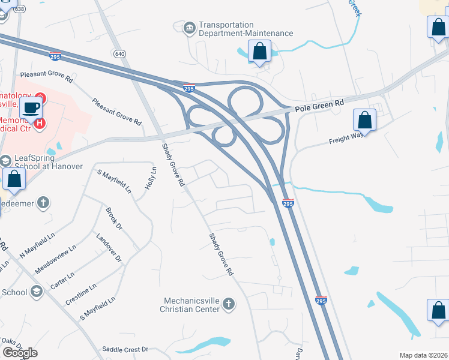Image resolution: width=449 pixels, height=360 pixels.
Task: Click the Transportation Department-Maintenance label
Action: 246,29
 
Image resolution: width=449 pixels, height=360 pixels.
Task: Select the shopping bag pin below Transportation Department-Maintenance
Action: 259,52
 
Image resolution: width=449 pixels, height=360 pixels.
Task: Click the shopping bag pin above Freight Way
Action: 364,120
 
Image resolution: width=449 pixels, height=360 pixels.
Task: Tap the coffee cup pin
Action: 30,108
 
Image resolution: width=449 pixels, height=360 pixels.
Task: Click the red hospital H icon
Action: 40,124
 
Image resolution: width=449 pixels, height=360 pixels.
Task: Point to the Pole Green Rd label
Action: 319,106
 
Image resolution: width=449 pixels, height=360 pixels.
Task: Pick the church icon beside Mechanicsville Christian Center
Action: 228,305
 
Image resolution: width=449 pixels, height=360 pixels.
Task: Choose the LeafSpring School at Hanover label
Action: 47,161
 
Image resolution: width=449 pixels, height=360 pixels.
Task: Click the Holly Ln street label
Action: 150,179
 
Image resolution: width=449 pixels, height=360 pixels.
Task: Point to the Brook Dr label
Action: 113,219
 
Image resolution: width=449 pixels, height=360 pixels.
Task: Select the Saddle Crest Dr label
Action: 125,349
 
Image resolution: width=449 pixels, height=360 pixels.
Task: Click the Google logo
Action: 20,353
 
